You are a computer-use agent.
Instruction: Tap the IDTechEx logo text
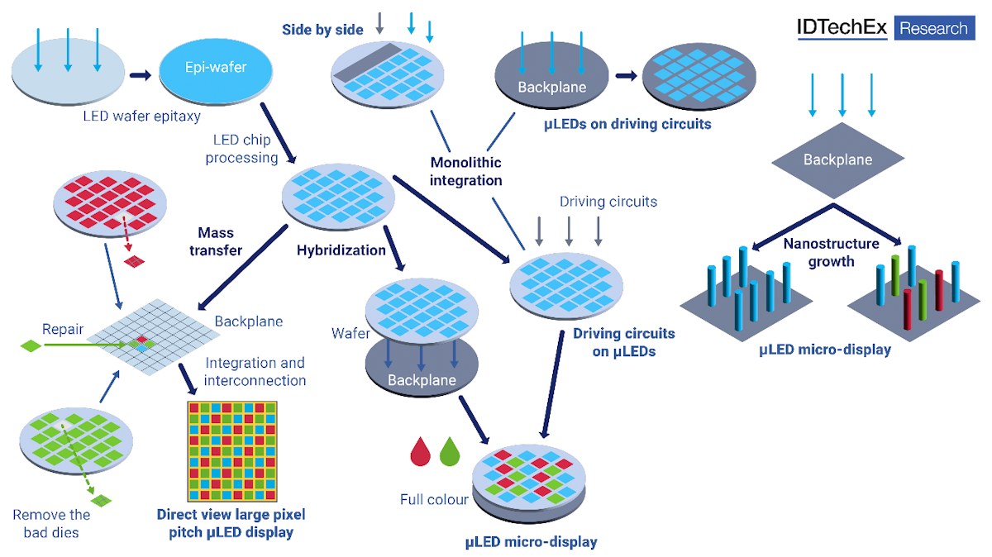[842, 27]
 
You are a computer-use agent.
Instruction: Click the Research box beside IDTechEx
[933, 28]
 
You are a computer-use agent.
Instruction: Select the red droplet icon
[422, 451]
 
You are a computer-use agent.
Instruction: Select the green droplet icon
[450, 451]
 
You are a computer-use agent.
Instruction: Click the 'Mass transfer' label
[220, 240]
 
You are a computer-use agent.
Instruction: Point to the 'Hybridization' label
[341, 250]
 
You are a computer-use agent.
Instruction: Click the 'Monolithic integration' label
[465, 171]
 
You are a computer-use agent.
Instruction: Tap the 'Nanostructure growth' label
[832, 252]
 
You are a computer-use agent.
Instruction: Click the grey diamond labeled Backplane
[837, 160]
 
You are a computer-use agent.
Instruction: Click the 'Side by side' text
[322, 30]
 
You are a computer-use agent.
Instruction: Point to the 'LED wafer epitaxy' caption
[141, 116]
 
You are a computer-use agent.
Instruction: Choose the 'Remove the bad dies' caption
[51, 524]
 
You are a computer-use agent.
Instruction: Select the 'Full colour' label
[434, 499]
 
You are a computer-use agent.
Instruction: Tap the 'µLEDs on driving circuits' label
[628, 125]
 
